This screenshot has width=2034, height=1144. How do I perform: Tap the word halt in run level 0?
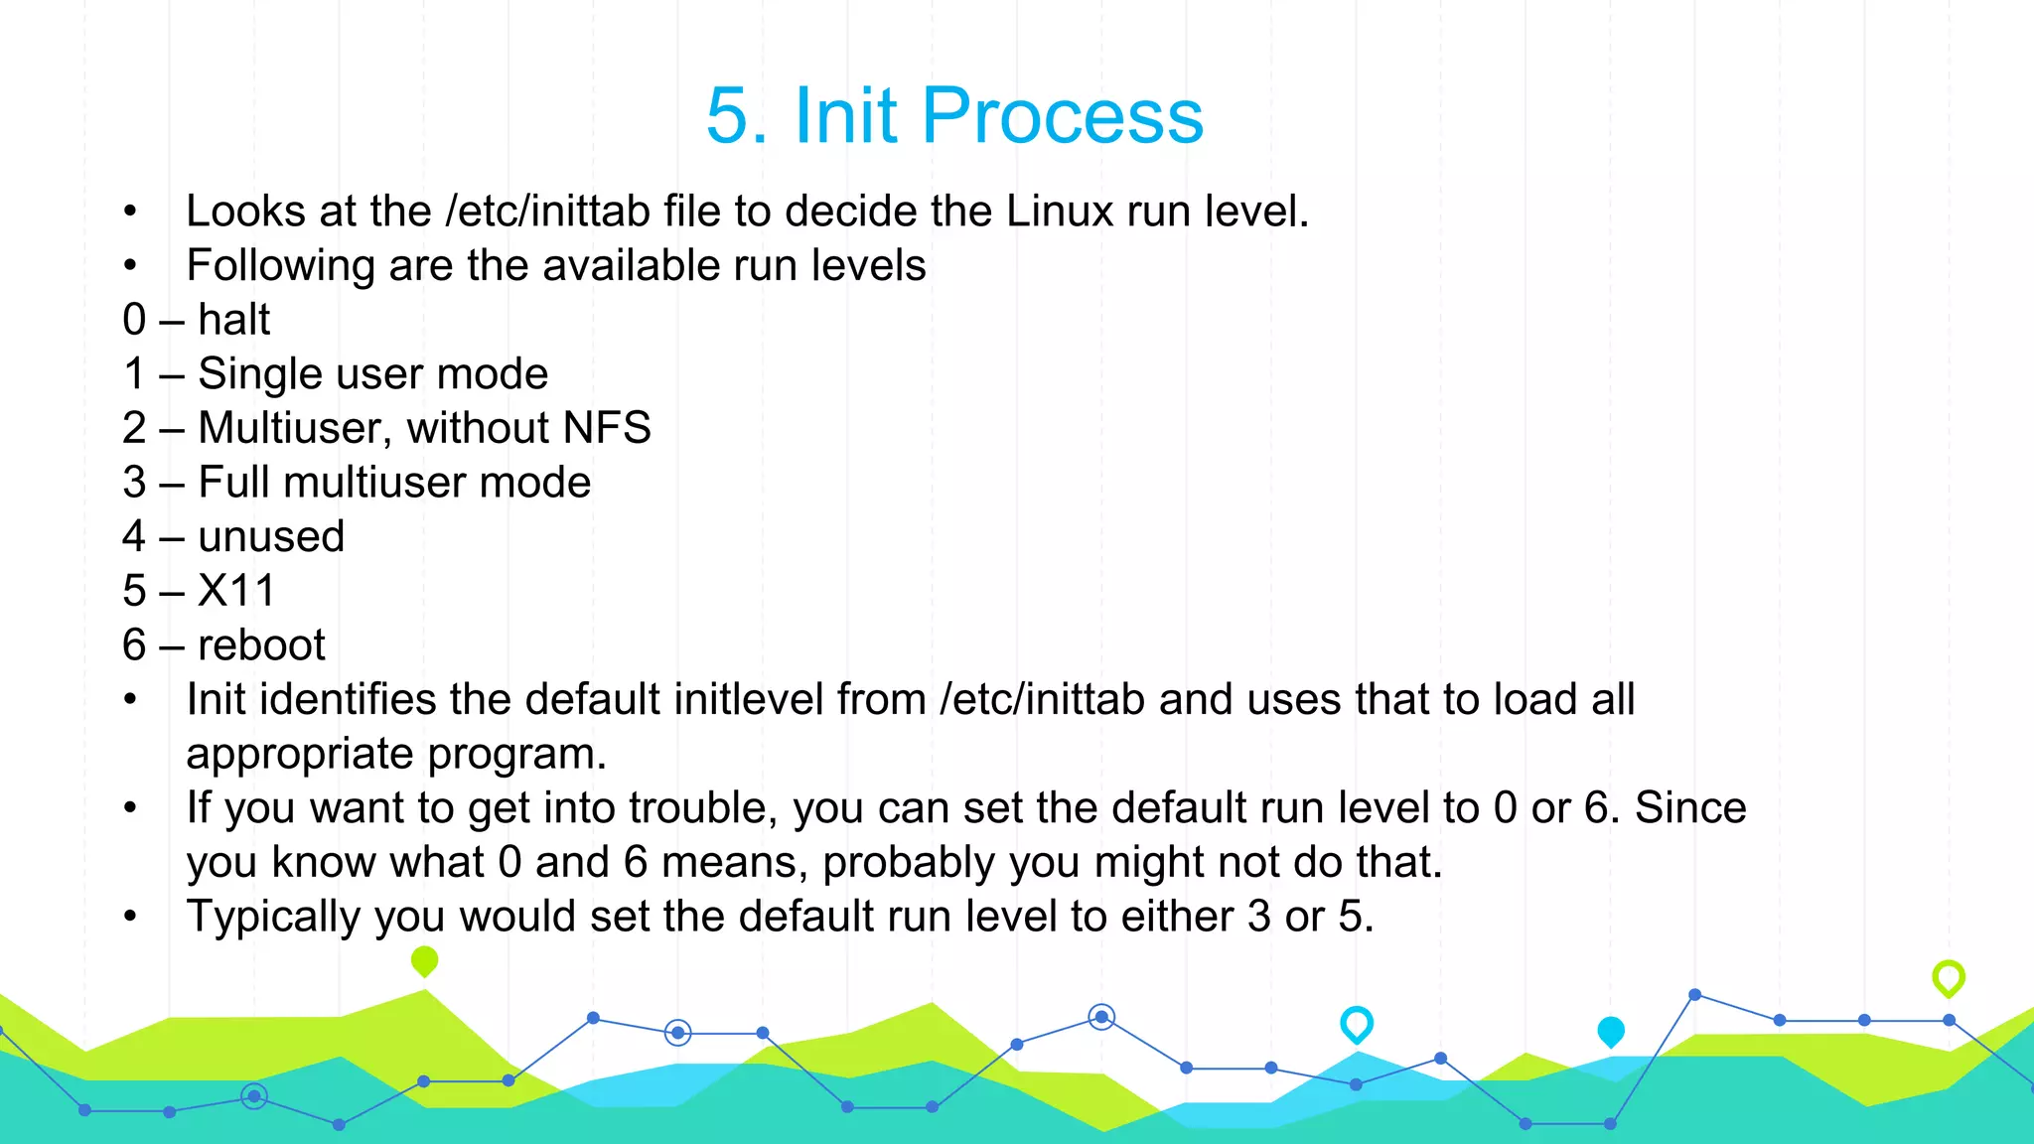pos(233,320)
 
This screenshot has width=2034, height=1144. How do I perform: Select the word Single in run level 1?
pos(260,374)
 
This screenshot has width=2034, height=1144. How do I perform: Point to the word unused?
pos(271,537)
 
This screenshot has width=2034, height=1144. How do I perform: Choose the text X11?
pos(235,591)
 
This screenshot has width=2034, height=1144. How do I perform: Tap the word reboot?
pos(261,645)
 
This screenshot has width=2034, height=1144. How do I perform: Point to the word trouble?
pos(702,808)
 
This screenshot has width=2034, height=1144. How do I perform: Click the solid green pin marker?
pos(424,960)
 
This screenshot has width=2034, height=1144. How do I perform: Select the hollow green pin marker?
pos(1949,977)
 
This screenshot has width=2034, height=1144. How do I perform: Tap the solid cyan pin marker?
pos(1611,1031)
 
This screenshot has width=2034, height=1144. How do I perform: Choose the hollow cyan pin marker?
pos(1357,1023)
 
